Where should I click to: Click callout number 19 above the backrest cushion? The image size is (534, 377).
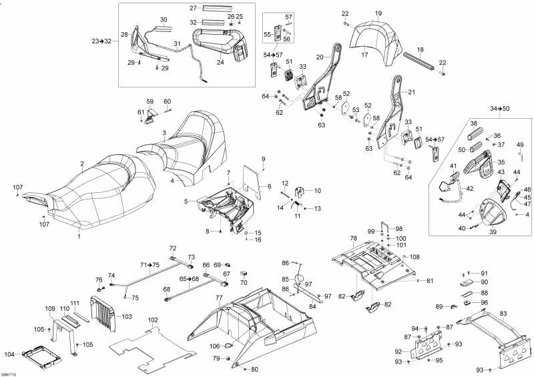(378, 13)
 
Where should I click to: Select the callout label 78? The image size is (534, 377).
(354, 238)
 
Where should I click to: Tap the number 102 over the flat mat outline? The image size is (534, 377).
(153, 320)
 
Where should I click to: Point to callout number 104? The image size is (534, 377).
(9, 354)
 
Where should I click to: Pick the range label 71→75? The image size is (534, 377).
(150, 265)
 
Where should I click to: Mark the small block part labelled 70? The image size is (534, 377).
(244, 274)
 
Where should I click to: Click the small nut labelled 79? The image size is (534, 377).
(230, 360)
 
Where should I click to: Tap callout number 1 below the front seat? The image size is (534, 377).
(79, 236)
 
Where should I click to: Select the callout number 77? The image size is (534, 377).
(218, 297)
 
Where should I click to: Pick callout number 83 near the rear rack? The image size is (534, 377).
(503, 314)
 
